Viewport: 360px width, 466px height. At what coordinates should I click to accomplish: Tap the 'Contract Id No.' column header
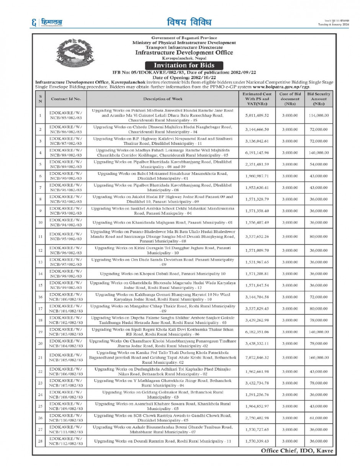[x=66, y=99]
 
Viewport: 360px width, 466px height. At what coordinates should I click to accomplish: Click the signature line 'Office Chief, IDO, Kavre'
[x=297, y=451]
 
